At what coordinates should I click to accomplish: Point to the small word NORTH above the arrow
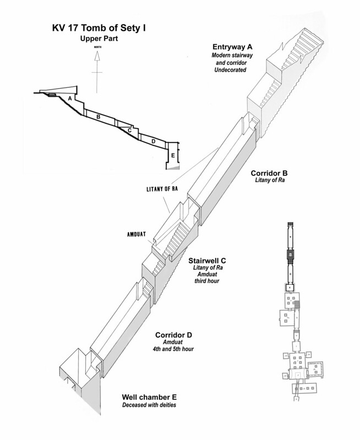[x=97, y=48]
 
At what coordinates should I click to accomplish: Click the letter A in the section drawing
[x=69, y=98]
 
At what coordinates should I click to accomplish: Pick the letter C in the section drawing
[x=128, y=130]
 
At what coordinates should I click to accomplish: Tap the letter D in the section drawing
[x=152, y=141]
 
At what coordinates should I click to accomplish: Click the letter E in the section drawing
[x=173, y=155]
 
